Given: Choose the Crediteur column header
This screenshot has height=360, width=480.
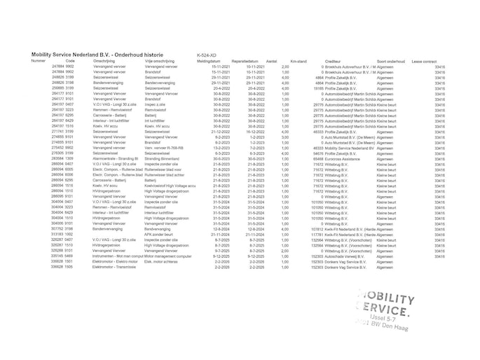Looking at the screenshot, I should point(334,61).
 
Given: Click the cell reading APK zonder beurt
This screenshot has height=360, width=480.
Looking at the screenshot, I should point(158,234).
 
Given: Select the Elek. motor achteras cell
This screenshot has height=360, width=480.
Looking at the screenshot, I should point(162,261).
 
